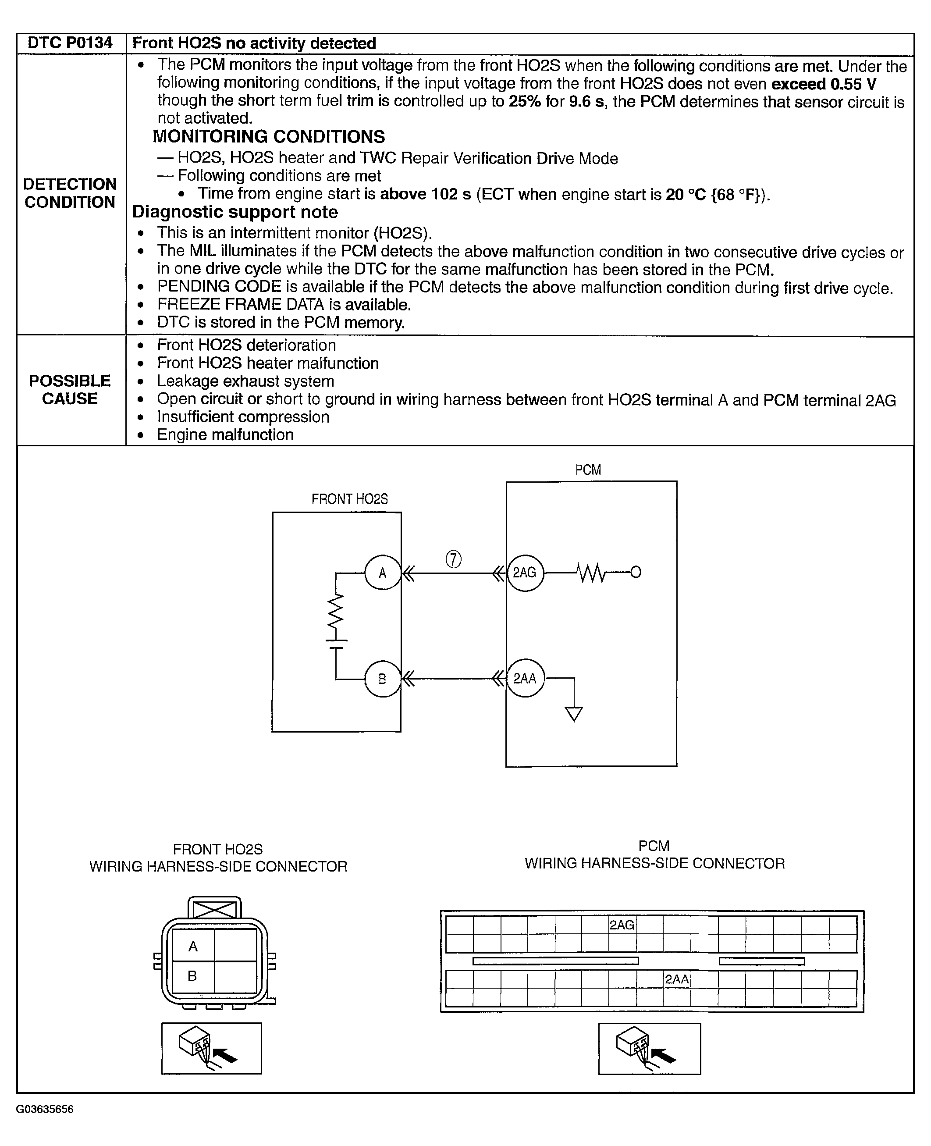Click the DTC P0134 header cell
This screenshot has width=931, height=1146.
point(70,43)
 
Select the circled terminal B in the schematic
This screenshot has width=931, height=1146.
point(382,679)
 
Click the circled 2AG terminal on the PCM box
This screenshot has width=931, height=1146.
point(525,573)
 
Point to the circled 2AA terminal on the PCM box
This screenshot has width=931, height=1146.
point(525,678)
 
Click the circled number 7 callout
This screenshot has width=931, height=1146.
point(453,559)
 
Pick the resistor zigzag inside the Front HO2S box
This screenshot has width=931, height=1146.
point(336,611)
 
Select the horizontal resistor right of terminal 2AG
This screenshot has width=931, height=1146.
point(592,573)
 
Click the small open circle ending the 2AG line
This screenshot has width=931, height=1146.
point(636,572)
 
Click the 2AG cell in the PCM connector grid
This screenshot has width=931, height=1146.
point(622,925)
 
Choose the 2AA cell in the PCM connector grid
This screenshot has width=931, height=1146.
point(677,979)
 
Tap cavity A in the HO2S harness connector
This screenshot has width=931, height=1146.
point(193,947)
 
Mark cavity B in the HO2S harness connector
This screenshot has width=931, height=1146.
point(192,976)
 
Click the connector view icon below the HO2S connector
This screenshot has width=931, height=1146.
point(211,1048)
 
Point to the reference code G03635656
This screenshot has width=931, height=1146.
point(45,1109)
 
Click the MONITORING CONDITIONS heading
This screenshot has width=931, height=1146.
point(269,137)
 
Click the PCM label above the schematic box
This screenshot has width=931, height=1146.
point(588,470)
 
